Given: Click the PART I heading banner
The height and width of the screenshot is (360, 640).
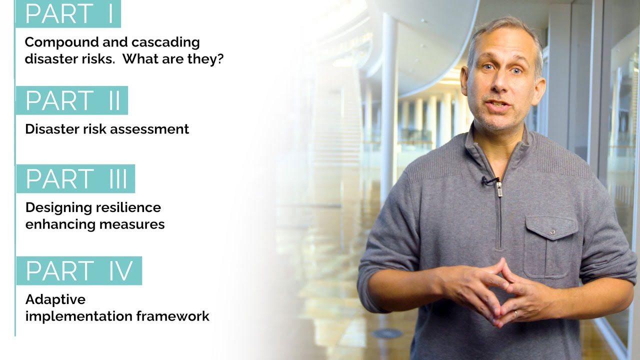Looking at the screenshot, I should click(x=68, y=14).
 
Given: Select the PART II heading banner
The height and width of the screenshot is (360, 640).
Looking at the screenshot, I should click(x=72, y=100).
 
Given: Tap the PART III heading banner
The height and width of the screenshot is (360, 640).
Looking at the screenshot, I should click(x=75, y=178).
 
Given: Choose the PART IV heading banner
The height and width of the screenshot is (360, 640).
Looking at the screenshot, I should click(x=79, y=270).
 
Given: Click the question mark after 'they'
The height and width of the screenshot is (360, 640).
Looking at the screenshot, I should click(x=220, y=58).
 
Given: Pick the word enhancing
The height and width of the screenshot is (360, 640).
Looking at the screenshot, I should click(x=60, y=224).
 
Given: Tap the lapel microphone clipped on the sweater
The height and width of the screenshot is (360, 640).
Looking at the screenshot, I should click(x=490, y=180).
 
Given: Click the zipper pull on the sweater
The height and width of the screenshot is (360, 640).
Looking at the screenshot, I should click(x=498, y=189).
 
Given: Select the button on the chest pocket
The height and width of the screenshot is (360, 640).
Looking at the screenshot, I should click(x=552, y=232).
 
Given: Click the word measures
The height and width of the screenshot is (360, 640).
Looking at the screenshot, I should click(x=132, y=224).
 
